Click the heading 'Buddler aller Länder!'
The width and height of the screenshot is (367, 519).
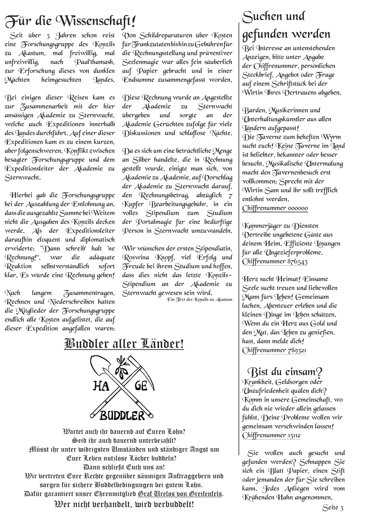[x=124, y=344]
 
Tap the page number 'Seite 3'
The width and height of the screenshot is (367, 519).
[x=333, y=507]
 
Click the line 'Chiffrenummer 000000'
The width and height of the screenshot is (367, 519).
[x=275, y=208]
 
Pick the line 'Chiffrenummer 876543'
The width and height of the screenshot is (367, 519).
[x=274, y=262]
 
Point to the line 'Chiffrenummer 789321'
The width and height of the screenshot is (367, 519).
[x=274, y=350]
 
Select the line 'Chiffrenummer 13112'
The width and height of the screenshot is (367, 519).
[x=271, y=435]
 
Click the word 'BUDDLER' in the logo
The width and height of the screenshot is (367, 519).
[x=122, y=416]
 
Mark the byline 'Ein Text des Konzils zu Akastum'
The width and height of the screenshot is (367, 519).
[x=199, y=299]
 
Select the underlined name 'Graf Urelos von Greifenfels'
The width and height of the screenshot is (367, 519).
[x=179, y=494]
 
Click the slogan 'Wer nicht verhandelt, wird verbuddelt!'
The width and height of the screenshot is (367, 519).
[x=124, y=505]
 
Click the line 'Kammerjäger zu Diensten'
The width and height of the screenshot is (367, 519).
[x=280, y=226]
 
